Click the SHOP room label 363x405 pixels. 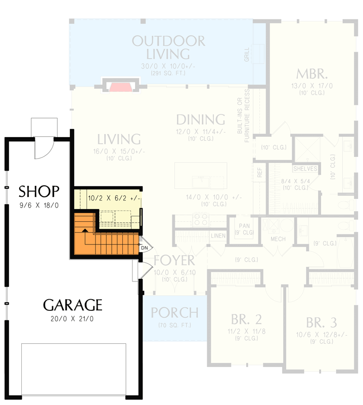(x=39, y=191)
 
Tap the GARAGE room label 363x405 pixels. (x=72, y=305)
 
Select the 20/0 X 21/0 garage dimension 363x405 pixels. (x=72, y=319)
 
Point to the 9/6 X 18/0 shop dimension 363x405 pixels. (x=39, y=206)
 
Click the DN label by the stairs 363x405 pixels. (x=144, y=248)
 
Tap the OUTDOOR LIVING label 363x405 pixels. (x=168, y=47)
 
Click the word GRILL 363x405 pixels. (x=247, y=54)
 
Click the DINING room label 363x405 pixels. (x=200, y=120)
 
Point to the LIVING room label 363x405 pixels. (x=119, y=139)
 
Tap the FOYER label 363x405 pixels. (x=174, y=261)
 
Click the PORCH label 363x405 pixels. (x=174, y=312)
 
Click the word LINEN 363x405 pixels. (x=218, y=236)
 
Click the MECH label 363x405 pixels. (x=278, y=239)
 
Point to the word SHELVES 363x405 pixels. (x=305, y=169)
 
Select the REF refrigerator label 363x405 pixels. (x=260, y=172)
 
